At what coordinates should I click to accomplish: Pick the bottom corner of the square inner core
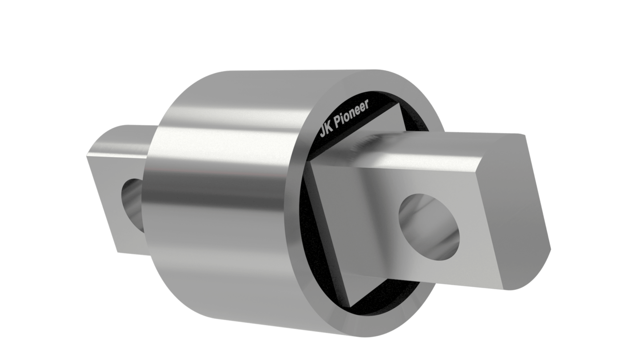point(351,307)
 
